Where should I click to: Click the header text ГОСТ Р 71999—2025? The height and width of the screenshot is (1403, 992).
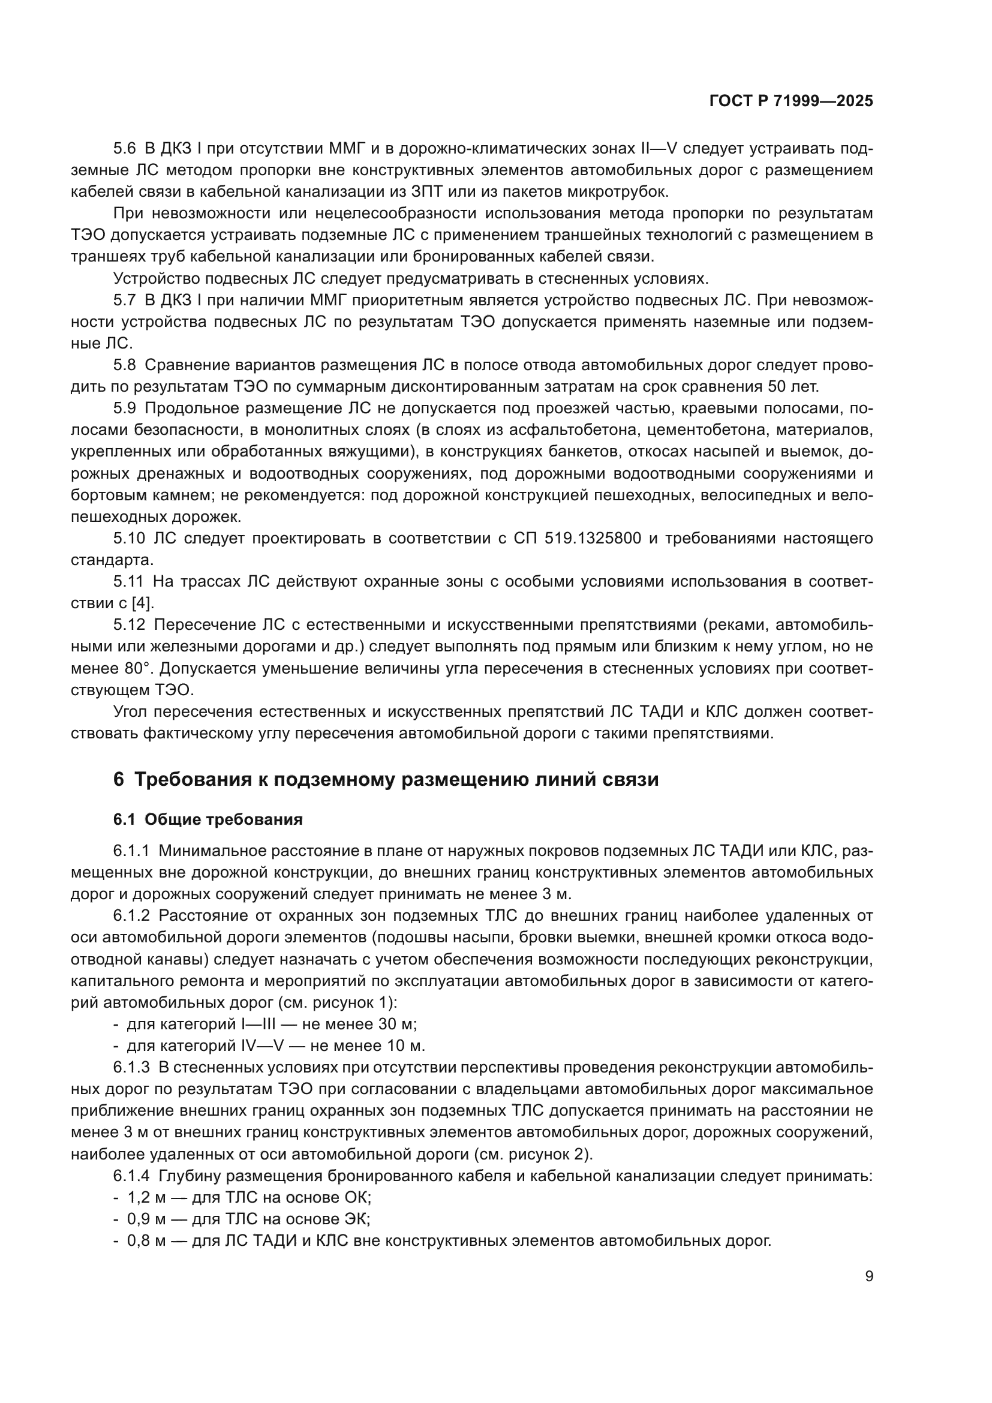coord(791,101)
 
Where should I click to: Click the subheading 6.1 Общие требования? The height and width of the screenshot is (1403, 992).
coord(208,820)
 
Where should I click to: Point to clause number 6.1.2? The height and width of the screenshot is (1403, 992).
coord(133,915)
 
